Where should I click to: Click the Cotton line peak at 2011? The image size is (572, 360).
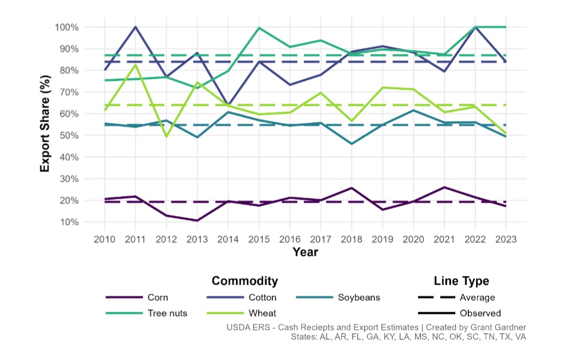click(x=135, y=27)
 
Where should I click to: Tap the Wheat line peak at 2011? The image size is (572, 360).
click(x=135, y=65)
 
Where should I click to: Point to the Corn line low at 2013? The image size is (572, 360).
click(x=197, y=220)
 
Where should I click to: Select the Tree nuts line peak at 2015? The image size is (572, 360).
click(x=259, y=28)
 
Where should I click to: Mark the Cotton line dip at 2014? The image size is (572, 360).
click(x=228, y=104)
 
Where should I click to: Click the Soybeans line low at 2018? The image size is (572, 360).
click(x=352, y=144)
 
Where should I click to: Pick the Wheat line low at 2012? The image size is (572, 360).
click(x=166, y=137)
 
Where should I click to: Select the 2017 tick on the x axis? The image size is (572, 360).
click(x=321, y=239)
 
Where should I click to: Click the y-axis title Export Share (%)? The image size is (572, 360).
click(x=46, y=125)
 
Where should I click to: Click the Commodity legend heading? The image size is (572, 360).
click(x=245, y=281)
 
